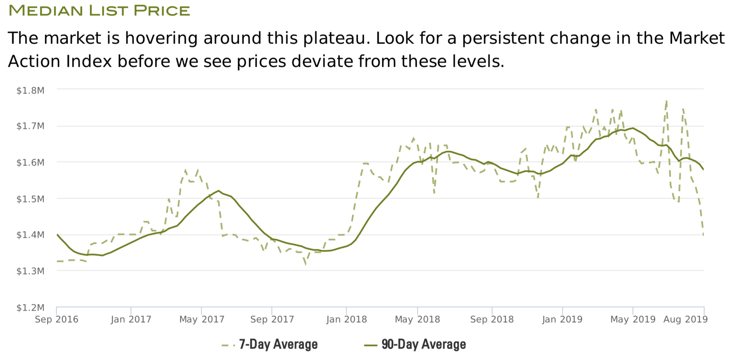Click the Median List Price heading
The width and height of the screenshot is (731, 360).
pyautogui.click(x=99, y=11)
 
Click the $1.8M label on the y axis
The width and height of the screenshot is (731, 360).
pyautogui.click(x=30, y=90)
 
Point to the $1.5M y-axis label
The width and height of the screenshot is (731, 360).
pyautogui.click(x=30, y=199)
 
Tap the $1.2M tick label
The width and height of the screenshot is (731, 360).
pyautogui.click(x=30, y=307)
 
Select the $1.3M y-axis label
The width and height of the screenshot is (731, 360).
pyautogui.click(x=30, y=271)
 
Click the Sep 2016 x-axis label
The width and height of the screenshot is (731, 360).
pyautogui.click(x=56, y=319)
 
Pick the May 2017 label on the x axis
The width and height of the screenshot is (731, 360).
pyautogui.click(x=202, y=319)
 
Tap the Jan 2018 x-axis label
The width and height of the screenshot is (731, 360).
pyautogui.click(x=346, y=319)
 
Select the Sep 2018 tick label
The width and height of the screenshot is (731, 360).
pyautogui.click(x=492, y=319)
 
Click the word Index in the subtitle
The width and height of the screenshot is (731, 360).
pyautogui.click(x=89, y=61)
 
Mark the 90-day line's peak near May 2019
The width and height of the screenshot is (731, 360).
pyautogui.click(x=633, y=128)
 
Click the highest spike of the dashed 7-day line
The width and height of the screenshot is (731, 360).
pyautogui.click(x=666, y=101)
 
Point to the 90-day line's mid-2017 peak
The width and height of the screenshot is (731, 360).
pyautogui.click(x=218, y=190)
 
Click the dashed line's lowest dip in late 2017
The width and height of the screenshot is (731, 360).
pyautogui.click(x=306, y=265)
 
